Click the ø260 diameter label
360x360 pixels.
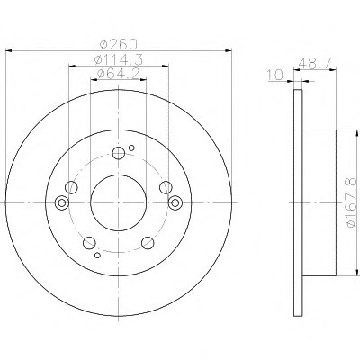119,44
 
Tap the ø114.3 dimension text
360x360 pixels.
119,60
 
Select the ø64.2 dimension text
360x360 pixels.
119,74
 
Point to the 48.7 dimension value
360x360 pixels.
315,63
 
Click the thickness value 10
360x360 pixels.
275,75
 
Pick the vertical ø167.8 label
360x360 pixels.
352,202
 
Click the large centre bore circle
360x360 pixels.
119,203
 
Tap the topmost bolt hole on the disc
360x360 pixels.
119,153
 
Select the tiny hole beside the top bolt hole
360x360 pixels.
131,148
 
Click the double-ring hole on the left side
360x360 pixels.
62,202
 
